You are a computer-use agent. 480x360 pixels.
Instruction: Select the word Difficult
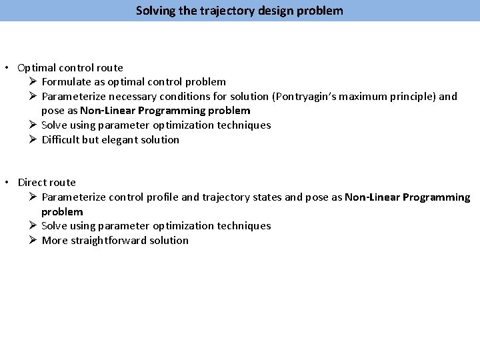click(61, 140)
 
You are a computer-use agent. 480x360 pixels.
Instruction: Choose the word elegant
click(121, 140)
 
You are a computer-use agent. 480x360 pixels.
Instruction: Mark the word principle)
click(416, 97)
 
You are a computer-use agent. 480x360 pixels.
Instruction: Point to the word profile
click(163, 197)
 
